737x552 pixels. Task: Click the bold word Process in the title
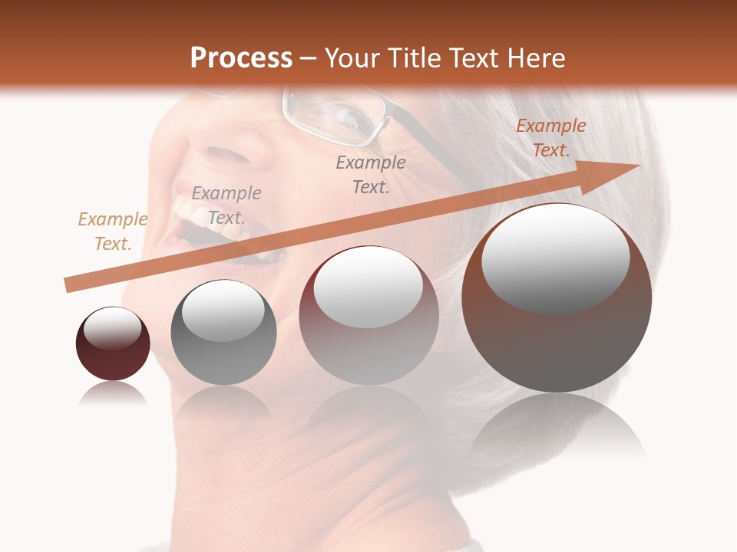tap(241, 58)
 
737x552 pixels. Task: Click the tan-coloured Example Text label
tap(112, 232)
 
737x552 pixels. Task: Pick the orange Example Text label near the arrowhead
tap(550, 138)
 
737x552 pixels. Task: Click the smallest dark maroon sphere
tap(113, 344)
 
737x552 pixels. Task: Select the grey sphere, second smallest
tap(223, 333)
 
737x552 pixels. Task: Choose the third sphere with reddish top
tap(368, 315)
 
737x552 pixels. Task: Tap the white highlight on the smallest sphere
tap(112, 329)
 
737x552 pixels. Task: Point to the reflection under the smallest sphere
tap(113, 394)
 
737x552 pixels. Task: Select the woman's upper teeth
tap(192, 211)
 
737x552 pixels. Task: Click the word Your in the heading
tap(355, 58)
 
